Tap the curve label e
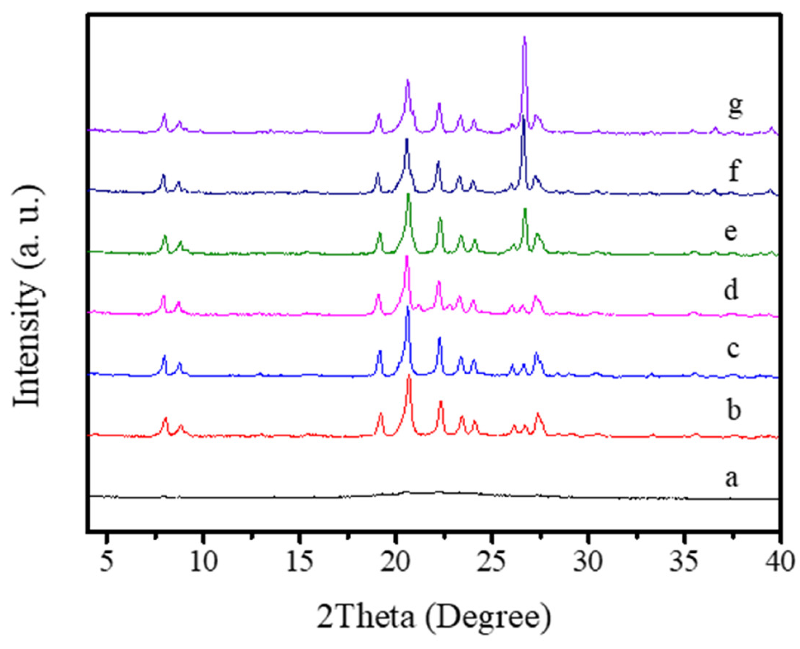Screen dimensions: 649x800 730,232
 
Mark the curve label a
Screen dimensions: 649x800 731,478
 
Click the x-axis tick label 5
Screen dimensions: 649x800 107,561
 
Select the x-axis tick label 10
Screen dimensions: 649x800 204,561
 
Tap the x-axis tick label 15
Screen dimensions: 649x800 300,561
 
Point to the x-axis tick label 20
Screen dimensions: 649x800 396,561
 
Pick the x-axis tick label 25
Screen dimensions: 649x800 492,561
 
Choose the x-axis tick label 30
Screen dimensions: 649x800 588,561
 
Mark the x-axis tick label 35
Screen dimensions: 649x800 684,561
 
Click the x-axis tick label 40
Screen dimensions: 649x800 780,561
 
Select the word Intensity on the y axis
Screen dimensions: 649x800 27,343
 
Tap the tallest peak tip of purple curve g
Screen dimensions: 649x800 524,37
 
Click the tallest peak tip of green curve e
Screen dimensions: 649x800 409,194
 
